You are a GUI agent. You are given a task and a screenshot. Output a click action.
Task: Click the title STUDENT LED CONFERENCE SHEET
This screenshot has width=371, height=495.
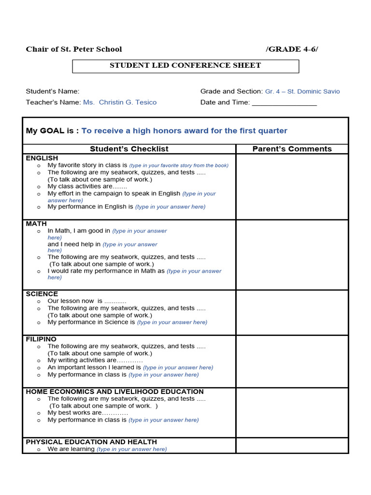tap(185, 65)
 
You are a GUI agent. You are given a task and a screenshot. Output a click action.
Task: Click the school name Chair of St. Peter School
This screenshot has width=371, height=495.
tap(74, 49)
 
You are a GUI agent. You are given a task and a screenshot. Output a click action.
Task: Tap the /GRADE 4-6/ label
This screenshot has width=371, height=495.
tap(292, 49)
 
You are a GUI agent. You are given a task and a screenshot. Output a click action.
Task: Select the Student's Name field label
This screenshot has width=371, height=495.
tap(53, 91)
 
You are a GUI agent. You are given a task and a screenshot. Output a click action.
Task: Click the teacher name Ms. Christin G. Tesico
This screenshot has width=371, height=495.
tap(120, 102)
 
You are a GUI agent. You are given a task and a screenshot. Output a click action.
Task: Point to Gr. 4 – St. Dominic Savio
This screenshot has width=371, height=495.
tap(302, 91)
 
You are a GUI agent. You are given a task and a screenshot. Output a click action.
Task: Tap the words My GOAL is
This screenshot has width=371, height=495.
tap(52, 131)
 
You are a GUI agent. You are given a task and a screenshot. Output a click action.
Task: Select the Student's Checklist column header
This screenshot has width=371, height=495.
tap(129, 149)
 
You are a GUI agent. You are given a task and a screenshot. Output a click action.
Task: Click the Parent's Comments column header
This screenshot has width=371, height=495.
tap(292, 149)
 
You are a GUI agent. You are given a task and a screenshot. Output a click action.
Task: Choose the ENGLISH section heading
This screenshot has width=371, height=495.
tap(42, 158)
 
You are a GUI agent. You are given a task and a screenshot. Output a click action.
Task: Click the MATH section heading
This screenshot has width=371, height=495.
tap(36, 224)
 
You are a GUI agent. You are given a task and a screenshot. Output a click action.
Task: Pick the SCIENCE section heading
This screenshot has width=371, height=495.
tap(42, 294)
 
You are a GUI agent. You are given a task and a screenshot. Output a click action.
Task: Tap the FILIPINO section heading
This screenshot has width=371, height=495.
tap(41, 339)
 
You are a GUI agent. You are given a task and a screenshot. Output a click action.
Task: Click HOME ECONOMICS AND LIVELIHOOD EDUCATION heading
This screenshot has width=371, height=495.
tap(114, 392)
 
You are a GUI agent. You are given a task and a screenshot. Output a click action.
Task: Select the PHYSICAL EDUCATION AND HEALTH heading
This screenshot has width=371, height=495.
tap(91, 442)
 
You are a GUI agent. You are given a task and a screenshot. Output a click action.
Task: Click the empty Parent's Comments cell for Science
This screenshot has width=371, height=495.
tap(292, 312)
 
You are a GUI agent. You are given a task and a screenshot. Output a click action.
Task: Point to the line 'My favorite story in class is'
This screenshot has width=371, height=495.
tap(87, 165)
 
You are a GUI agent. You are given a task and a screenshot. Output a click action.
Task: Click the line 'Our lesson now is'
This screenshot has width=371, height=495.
tap(75, 301)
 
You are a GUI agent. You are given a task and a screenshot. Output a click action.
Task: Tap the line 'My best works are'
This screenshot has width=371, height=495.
tap(75, 413)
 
